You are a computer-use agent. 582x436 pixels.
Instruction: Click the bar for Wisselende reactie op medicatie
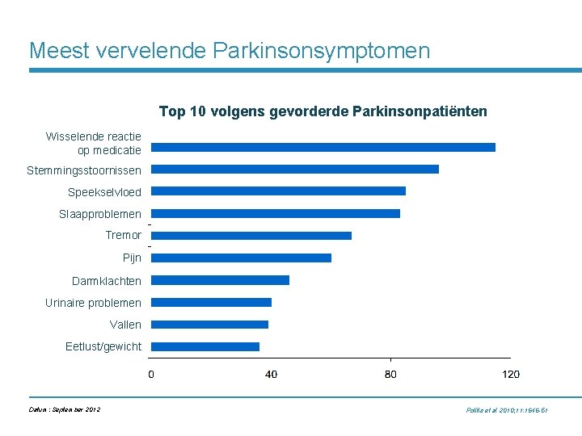[323, 147]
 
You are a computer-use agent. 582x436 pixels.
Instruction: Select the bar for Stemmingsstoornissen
[295, 170]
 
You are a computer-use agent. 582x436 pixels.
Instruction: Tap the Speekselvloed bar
[278, 191]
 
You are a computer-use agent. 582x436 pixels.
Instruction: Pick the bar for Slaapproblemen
[276, 214]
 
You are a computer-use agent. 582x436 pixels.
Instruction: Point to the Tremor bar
[251, 236]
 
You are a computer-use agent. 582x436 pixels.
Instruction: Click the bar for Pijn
[241, 258]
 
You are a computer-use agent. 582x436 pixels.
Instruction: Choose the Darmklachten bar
[220, 280]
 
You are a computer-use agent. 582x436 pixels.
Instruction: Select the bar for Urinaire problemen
[211, 303]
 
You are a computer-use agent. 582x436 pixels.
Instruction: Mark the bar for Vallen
[209, 325]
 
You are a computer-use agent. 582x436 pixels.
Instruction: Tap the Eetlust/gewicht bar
[205, 346]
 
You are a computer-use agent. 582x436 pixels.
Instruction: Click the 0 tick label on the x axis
[151, 374]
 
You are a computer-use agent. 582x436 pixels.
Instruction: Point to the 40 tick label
[271, 374]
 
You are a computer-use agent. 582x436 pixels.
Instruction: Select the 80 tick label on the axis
[390, 374]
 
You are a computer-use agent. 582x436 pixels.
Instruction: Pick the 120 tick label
[510, 374]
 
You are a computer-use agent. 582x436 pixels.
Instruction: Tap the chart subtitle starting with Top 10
[323, 111]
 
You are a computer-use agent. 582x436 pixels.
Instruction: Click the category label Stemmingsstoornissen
[84, 170]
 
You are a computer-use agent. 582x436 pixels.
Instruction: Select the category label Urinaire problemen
[93, 303]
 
